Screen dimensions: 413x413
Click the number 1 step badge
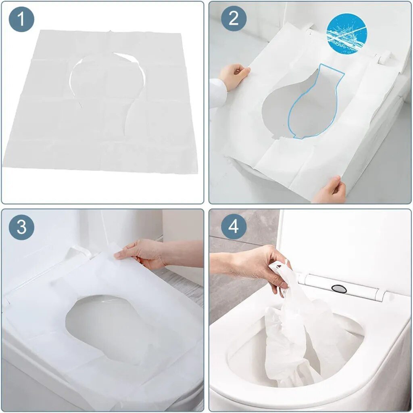[x=21, y=19]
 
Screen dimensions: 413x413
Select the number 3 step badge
[x=21, y=227]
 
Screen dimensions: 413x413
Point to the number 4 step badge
[x=233, y=227]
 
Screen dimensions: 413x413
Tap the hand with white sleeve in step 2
[x=234, y=75]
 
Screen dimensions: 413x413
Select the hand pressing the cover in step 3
[x=141, y=254]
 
